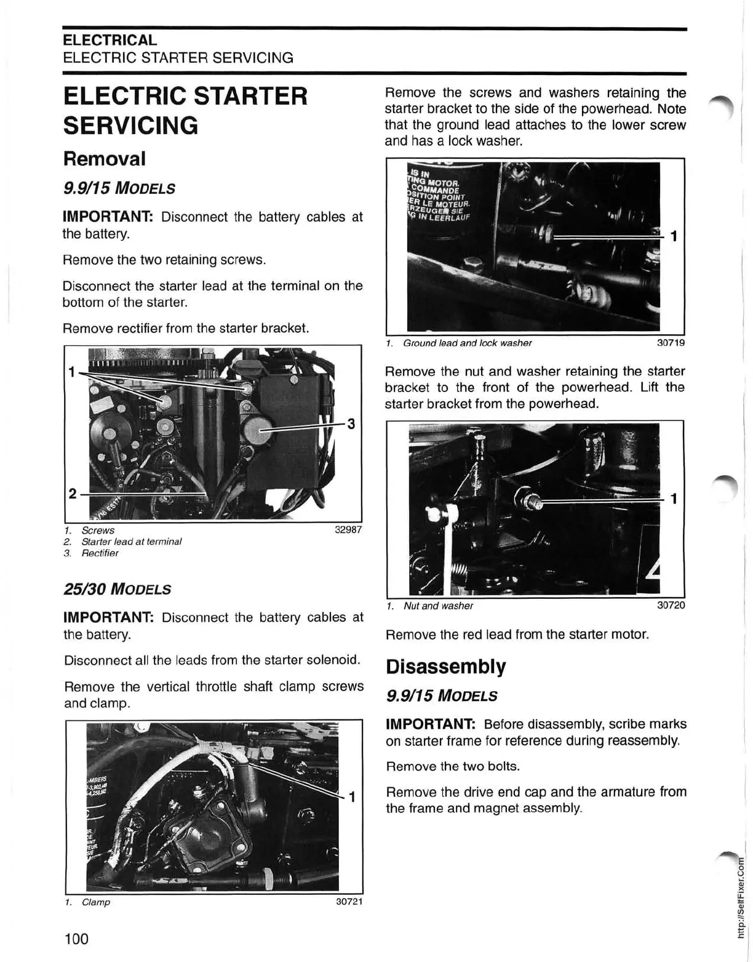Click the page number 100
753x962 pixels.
(x=76, y=939)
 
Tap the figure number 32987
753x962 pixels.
(x=348, y=530)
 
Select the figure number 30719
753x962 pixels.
(x=671, y=343)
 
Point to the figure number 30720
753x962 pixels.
(x=671, y=606)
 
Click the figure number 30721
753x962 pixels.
(x=349, y=902)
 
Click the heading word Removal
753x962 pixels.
(x=105, y=159)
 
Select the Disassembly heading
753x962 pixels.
(x=446, y=667)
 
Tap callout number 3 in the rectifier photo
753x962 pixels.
(x=351, y=424)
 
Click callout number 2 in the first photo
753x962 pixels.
(x=73, y=494)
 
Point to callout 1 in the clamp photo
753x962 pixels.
(x=352, y=798)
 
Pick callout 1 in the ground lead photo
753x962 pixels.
(x=674, y=236)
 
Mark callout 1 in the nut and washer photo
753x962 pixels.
(x=674, y=499)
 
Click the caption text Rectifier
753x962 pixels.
(x=100, y=553)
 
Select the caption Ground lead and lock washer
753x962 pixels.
(x=467, y=343)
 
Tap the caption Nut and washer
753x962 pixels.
(x=438, y=606)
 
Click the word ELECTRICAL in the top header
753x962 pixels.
(x=110, y=40)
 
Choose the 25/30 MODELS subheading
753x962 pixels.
(x=117, y=589)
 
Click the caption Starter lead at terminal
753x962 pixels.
(x=131, y=542)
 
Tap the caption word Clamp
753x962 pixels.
(x=95, y=902)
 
